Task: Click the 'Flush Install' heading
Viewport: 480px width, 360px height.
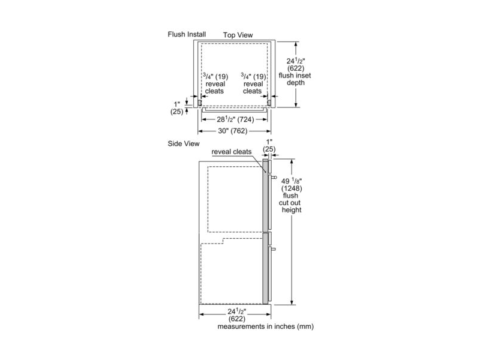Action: click(187, 34)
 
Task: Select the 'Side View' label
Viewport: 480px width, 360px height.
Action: click(183, 145)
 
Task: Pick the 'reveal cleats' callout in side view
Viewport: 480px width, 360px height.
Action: click(231, 152)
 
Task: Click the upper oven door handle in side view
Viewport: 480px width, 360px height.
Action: click(273, 178)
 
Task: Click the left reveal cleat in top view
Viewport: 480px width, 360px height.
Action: click(194, 103)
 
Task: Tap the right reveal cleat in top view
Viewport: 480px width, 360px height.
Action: click(269, 103)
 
